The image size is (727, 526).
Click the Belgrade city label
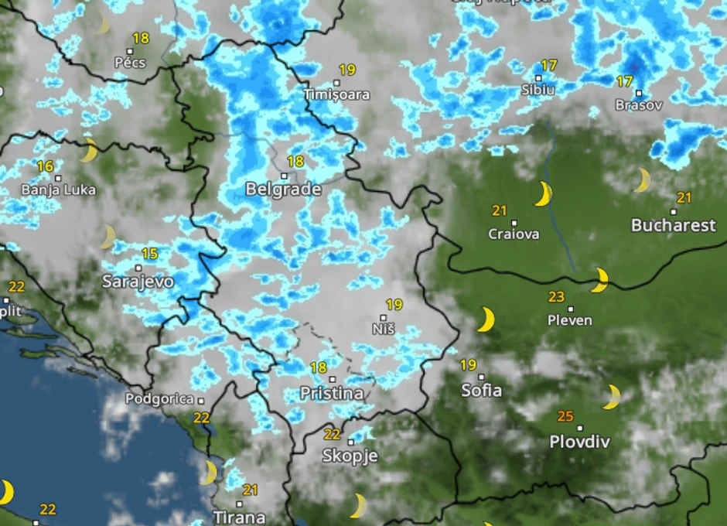[283, 189]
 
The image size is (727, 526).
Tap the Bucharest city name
[674, 225]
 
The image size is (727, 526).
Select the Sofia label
[482, 390]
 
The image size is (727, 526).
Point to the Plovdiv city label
[579, 442]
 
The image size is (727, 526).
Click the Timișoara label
[337, 94]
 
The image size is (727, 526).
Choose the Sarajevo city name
[138, 282]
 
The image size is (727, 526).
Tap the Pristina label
[332, 393]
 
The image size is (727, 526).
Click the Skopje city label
[350, 456]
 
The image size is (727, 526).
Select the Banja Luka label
[58, 190]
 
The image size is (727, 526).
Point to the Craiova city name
[514, 234]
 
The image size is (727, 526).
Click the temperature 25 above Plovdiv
[565, 417]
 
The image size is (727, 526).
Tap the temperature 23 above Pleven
[556, 296]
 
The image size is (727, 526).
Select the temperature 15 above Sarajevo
[149, 254]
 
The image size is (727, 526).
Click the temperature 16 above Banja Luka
[45, 166]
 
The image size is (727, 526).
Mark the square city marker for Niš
[384, 317]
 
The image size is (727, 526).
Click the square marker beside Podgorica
[200, 400]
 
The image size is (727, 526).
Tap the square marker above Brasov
[638, 94]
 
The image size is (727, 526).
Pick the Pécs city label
[129, 63]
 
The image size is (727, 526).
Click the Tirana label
[240, 517]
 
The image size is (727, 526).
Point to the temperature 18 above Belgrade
[295, 162]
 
